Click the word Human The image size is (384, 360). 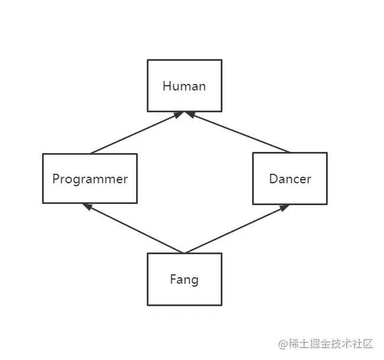[184, 86]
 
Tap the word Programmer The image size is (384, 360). [90, 179]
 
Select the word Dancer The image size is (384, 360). [290, 179]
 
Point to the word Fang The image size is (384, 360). [184, 279]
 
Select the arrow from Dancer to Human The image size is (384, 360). [240, 134]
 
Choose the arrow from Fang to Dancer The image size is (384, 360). [237, 229]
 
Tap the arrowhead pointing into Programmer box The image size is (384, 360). [87, 206]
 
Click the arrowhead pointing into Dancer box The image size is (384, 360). [285, 207]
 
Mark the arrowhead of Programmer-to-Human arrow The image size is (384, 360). [178, 115]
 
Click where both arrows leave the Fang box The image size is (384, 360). [184, 253]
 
